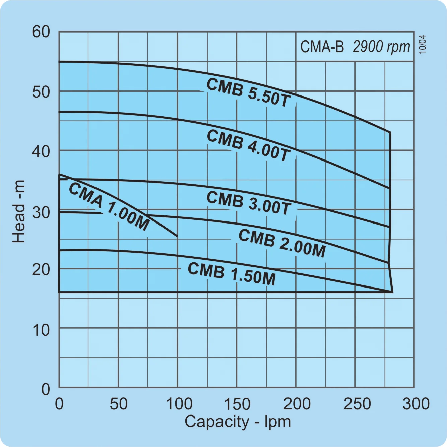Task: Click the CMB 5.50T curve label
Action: click(248, 92)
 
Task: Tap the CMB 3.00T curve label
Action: click(248, 203)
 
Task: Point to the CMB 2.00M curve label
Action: click(282, 243)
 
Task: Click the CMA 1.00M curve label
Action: click(109, 207)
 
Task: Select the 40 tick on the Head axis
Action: click(41, 151)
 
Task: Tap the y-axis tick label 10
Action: click(41, 330)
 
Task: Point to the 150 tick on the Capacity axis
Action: click(237, 404)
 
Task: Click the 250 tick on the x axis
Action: click(357, 404)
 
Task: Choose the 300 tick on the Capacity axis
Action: click(416, 404)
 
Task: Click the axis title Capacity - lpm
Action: click(238, 422)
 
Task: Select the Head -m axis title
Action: click(19, 211)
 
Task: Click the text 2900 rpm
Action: click(381, 47)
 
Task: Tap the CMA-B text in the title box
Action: click(322, 47)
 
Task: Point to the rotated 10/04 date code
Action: click(423, 44)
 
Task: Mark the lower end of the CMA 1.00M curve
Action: click(177, 236)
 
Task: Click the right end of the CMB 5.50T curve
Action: click(390, 132)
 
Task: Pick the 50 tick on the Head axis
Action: click(41, 92)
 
